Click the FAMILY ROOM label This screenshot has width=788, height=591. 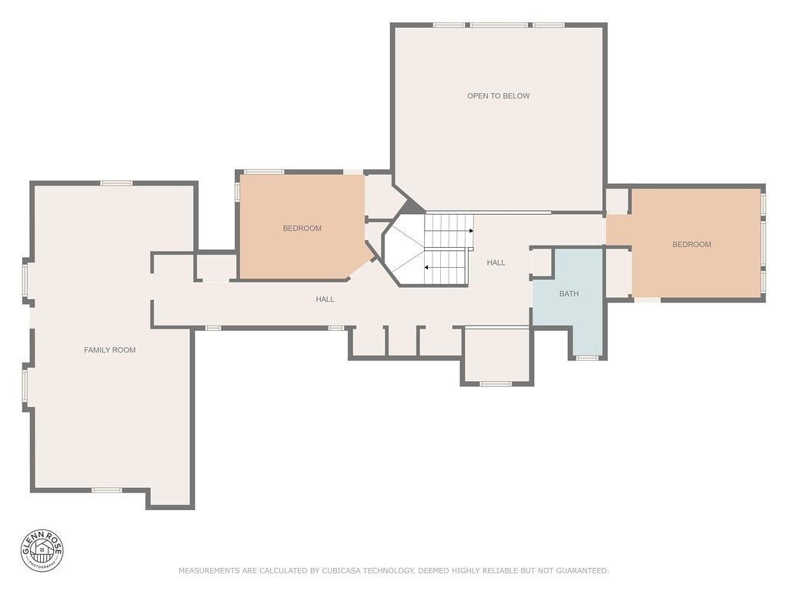tap(109, 350)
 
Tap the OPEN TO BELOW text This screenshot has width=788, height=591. tap(498, 96)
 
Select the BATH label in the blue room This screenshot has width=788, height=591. tap(569, 294)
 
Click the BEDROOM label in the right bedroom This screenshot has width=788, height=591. tap(691, 245)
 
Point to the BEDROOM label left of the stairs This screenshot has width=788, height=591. tap(302, 229)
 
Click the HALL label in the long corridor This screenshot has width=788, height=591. tap(325, 299)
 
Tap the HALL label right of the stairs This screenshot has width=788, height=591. tap(496, 263)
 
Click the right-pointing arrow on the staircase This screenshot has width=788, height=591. tap(470, 230)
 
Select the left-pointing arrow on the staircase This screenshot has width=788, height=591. tap(427, 268)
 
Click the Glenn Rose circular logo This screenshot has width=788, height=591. tap(42, 550)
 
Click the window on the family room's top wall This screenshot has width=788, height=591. tap(116, 183)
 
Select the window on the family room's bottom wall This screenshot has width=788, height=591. tap(106, 490)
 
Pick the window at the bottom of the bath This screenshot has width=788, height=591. tap(587, 358)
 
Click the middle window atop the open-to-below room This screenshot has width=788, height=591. tap(499, 25)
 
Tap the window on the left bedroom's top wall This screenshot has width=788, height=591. tap(264, 172)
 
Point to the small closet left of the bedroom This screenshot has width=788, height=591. tap(216, 267)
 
